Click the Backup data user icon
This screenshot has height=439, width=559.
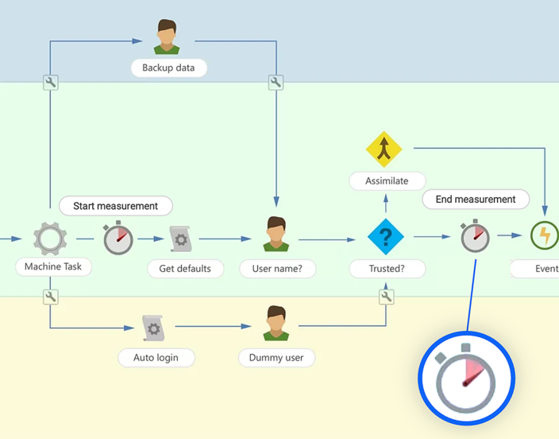pyautogui.click(x=167, y=37)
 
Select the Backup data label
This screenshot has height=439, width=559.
pyautogui.click(x=168, y=68)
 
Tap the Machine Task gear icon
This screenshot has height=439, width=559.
pyautogui.click(x=50, y=238)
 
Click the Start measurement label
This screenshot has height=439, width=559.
pyautogui.click(x=116, y=206)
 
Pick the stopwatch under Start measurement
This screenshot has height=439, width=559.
pyautogui.click(x=118, y=238)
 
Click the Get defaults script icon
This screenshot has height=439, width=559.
pyautogui.click(x=181, y=239)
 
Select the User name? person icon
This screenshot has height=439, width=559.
pyautogui.click(x=276, y=235)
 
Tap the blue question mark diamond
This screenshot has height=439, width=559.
pyautogui.click(x=386, y=237)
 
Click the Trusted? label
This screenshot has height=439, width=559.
pyautogui.click(x=387, y=269)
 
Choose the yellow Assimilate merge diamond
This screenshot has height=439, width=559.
pyautogui.click(x=384, y=149)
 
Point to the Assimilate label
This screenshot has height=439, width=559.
pyautogui.click(x=387, y=181)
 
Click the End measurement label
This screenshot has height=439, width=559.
pyautogui.click(x=476, y=200)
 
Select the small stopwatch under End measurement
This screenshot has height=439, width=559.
pyautogui.click(x=475, y=236)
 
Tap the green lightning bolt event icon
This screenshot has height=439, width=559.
pyautogui.click(x=545, y=236)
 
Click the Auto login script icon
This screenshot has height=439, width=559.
pyautogui.click(x=154, y=327)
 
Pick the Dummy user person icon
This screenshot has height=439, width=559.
pyautogui.click(x=276, y=324)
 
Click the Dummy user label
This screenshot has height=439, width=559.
pyautogui.click(x=276, y=358)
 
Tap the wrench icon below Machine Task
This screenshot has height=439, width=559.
pyautogui.click(x=51, y=297)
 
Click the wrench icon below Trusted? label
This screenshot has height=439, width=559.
pyautogui.click(x=387, y=297)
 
